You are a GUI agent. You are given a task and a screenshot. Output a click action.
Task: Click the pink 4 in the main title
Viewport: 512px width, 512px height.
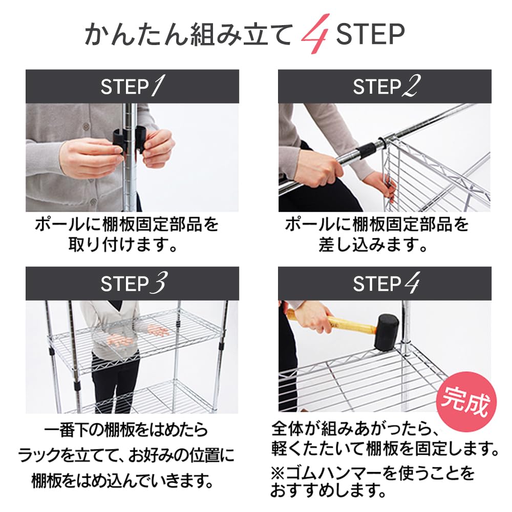coord(315,34)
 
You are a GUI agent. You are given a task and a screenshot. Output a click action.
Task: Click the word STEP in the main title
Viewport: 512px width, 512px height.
coord(370,34)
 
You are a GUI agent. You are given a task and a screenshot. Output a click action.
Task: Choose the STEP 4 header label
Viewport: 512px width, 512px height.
coord(386,283)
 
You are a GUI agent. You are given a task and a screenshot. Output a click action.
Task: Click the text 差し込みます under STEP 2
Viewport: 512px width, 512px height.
coord(373,244)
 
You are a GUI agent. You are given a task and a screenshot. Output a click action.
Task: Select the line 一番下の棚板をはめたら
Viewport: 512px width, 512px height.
coord(126,430)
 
